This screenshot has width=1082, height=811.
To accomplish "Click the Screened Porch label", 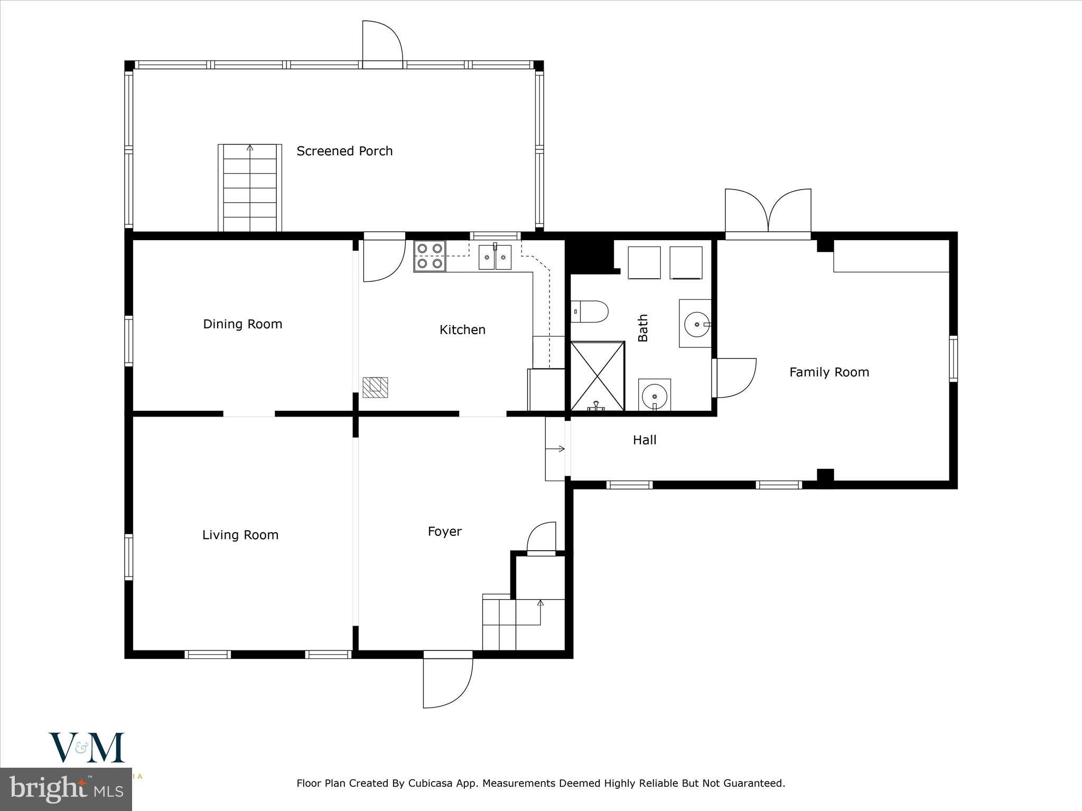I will (344, 152).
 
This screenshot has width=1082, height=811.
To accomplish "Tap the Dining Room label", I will (242, 324).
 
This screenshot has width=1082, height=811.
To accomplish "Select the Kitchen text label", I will (462, 330).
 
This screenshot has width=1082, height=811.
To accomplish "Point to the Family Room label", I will (829, 372).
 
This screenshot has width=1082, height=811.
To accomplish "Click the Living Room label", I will (240, 535).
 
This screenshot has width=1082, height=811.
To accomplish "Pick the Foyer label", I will (444, 532).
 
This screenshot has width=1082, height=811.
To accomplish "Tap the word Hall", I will (645, 440).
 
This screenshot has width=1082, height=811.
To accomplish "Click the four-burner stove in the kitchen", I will (430, 256).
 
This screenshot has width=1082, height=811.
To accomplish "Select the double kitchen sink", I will (495, 258).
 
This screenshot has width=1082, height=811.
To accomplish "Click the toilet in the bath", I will (590, 312).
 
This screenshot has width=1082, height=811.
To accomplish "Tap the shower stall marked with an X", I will (598, 376).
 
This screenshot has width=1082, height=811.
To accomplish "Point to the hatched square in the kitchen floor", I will (375, 387).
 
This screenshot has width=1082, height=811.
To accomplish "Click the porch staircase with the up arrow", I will (250, 187).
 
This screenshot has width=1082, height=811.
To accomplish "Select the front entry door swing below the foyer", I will (448, 681).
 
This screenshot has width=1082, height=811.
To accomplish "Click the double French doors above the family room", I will (768, 211).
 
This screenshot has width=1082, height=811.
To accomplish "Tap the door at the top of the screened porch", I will (383, 45).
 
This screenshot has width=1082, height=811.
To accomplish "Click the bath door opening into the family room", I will (734, 378).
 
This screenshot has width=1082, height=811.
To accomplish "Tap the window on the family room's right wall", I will (953, 359).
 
